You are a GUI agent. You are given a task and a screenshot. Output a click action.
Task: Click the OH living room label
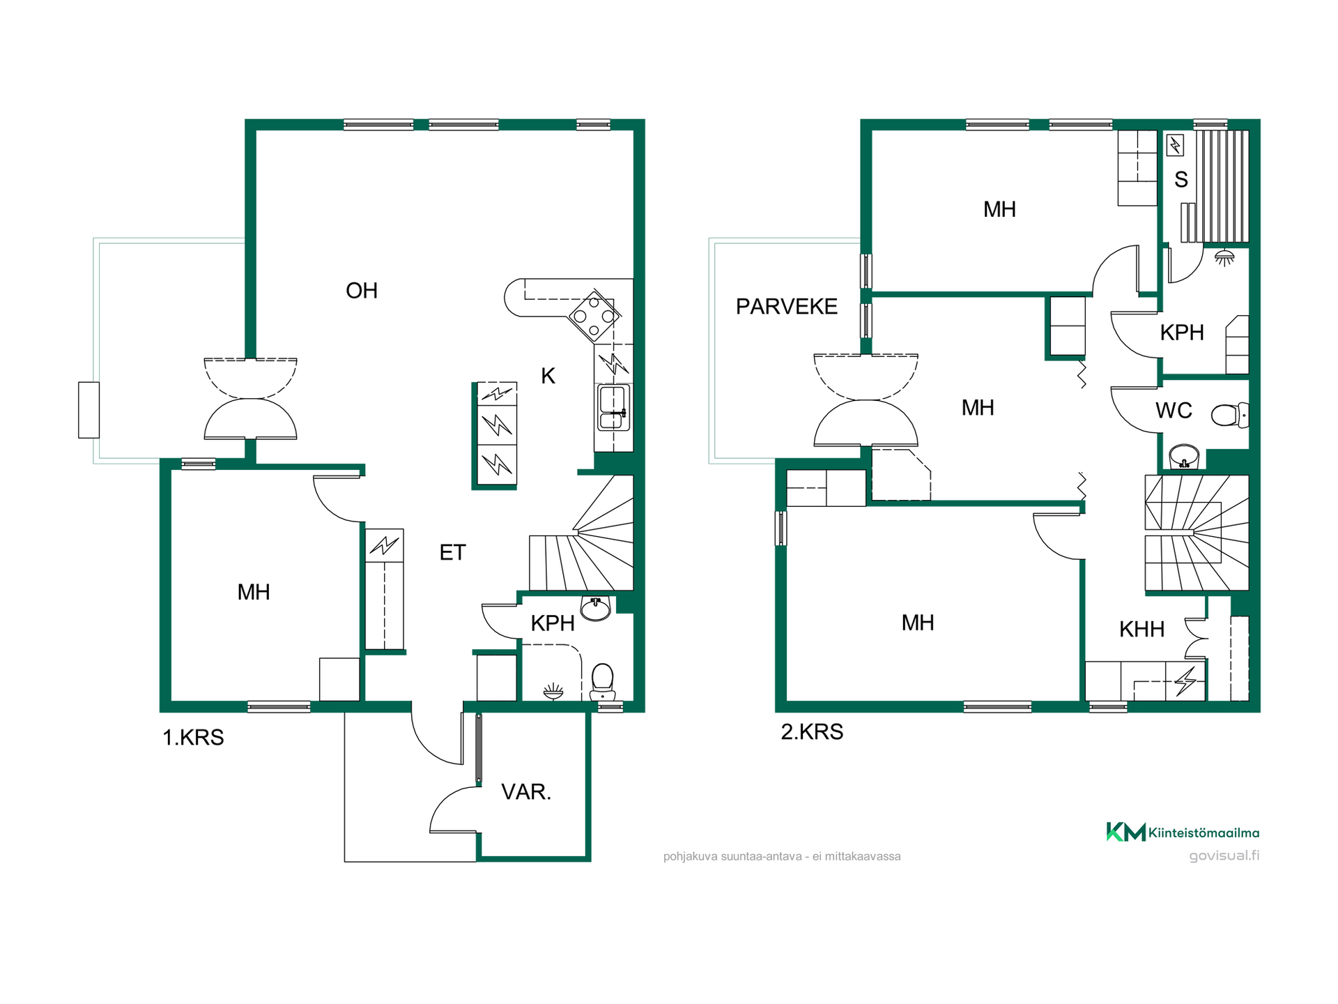point(362,291)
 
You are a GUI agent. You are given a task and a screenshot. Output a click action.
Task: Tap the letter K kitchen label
point(548,376)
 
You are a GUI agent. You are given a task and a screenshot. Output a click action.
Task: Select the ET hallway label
point(452,553)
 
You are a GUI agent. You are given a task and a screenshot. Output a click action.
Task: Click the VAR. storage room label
point(526,792)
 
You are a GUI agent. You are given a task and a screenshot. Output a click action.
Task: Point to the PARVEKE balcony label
point(787,307)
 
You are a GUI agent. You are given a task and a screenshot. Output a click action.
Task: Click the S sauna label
point(1181,180)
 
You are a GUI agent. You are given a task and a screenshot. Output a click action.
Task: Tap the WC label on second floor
point(1174,411)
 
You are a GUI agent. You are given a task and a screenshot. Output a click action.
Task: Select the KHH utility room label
point(1142,630)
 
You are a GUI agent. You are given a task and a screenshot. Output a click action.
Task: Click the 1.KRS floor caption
point(193,738)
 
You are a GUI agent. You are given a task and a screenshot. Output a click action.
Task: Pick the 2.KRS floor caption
point(812,732)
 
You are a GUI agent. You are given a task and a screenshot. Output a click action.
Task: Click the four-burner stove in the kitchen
point(594,316)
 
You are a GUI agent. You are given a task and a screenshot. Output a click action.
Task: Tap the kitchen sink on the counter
point(613,408)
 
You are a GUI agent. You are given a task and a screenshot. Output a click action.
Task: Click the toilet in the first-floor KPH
point(602,681)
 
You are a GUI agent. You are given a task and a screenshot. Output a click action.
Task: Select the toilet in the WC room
point(1230,416)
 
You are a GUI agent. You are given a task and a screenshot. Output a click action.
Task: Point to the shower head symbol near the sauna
point(1224,258)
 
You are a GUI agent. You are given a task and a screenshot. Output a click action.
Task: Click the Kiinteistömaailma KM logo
point(1183,832)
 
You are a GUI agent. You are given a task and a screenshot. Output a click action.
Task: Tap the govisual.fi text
point(1224,855)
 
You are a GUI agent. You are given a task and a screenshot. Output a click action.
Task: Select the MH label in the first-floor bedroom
point(254,593)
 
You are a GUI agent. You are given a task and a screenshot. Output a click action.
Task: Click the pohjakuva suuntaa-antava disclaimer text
point(782,856)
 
